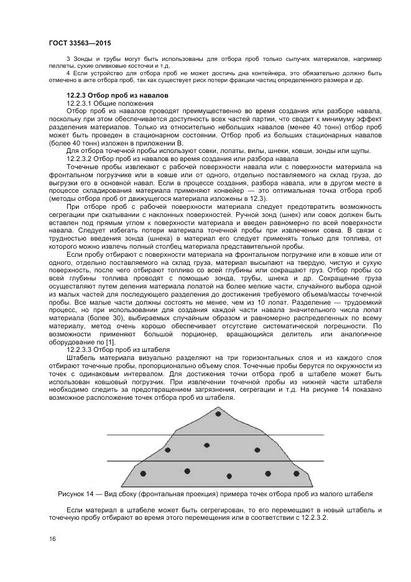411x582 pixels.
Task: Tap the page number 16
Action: [x=52, y=538]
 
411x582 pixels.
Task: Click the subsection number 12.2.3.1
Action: [x=80, y=102]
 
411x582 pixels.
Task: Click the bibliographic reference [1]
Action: [x=109, y=342]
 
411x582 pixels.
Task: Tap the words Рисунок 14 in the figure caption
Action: [x=75, y=494]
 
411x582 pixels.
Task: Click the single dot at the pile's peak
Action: [x=218, y=413]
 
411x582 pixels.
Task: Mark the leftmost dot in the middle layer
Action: [x=167, y=449]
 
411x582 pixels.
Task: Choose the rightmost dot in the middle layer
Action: [x=256, y=450]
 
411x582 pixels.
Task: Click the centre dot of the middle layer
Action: [x=206, y=445]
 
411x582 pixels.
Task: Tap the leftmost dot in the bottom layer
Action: [x=143, y=474]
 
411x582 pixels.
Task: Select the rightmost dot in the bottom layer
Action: [x=294, y=473]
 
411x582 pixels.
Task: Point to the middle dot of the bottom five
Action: [x=229, y=476]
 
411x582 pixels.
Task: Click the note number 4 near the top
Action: [x=68, y=73]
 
